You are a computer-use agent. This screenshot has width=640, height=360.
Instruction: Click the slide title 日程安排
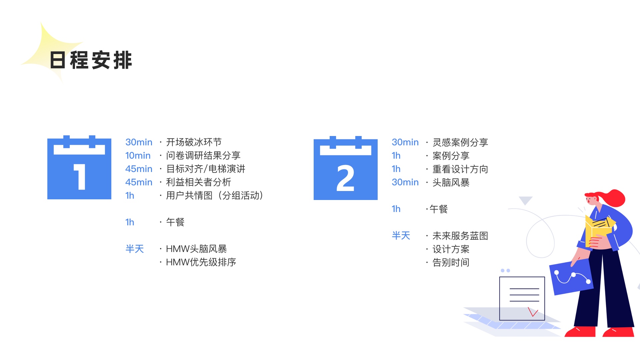(x=91, y=60)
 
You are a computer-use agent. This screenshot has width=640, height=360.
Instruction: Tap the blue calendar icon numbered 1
(x=79, y=168)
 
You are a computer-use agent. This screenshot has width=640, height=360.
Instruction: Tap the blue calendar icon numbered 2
(x=345, y=168)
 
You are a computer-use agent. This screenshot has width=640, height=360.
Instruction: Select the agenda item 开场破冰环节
(x=194, y=142)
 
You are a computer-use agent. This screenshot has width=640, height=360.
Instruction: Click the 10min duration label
(x=138, y=156)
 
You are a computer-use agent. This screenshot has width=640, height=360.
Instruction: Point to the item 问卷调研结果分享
(x=203, y=156)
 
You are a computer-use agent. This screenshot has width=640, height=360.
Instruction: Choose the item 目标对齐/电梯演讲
(x=205, y=169)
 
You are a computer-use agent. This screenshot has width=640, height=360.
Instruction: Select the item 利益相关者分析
(x=198, y=182)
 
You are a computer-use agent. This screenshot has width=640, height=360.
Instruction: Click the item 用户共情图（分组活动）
(x=214, y=196)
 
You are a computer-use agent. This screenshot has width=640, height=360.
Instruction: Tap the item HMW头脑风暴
(x=196, y=249)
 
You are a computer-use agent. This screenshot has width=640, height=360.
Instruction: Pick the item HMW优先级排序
(x=201, y=262)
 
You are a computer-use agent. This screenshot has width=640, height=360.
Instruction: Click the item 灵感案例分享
(x=460, y=142)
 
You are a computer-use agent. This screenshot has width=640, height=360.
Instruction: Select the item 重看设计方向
(x=460, y=169)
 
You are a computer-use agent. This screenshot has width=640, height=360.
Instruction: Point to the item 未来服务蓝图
(x=460, y=236)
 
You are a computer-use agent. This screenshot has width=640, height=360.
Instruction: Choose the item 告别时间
(x=451, y=262)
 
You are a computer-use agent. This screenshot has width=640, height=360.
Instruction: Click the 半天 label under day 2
(x=401, y=236)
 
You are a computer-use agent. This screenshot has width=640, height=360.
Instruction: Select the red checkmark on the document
(x=533, y=312)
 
